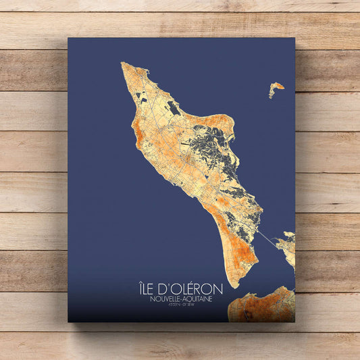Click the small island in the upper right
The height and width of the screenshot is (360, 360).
tap(276, 88)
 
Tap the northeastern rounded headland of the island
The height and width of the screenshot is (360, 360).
tap(226, 122)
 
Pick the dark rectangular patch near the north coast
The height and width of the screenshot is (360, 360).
tap(174, 107)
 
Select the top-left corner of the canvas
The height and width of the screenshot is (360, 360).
tap(69, 38)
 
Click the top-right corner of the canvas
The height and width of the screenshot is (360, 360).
tap(294, 38)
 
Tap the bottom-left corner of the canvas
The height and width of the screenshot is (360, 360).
tap(69, 321)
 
